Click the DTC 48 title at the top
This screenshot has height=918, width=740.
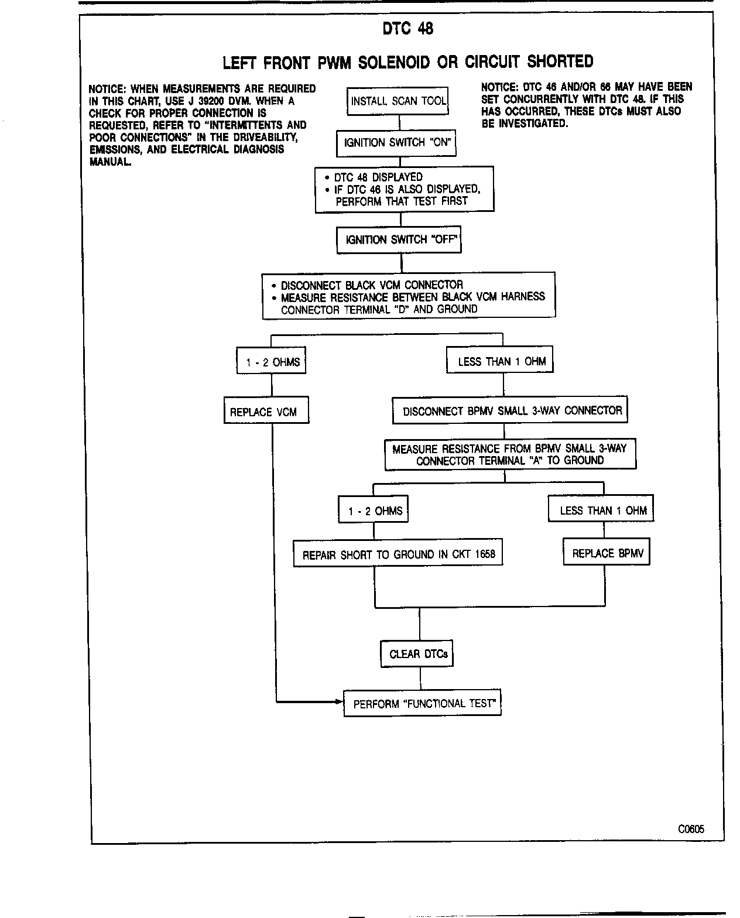(407, 29)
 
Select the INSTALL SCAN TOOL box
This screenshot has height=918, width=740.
(398, 101)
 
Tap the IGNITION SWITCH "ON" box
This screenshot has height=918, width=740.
(396, 143)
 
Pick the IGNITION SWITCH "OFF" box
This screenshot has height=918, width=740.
(399, 239)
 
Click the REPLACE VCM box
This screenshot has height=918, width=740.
(266, 412)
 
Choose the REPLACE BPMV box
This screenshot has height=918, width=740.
(607, 553)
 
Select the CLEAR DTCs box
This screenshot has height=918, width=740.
(417, 653)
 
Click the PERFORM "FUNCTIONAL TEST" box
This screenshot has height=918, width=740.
(423, 703)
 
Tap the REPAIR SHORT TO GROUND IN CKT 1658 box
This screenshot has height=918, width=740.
(398, 554)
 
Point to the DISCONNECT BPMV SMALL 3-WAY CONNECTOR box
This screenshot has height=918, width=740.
(510, 410)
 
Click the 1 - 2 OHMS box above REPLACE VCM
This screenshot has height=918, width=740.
(271, 361)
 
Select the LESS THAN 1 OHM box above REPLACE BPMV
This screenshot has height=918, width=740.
(601, 509)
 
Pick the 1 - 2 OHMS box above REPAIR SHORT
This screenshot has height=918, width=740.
(374, 510)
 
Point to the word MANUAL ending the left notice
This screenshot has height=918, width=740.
(109, 162)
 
